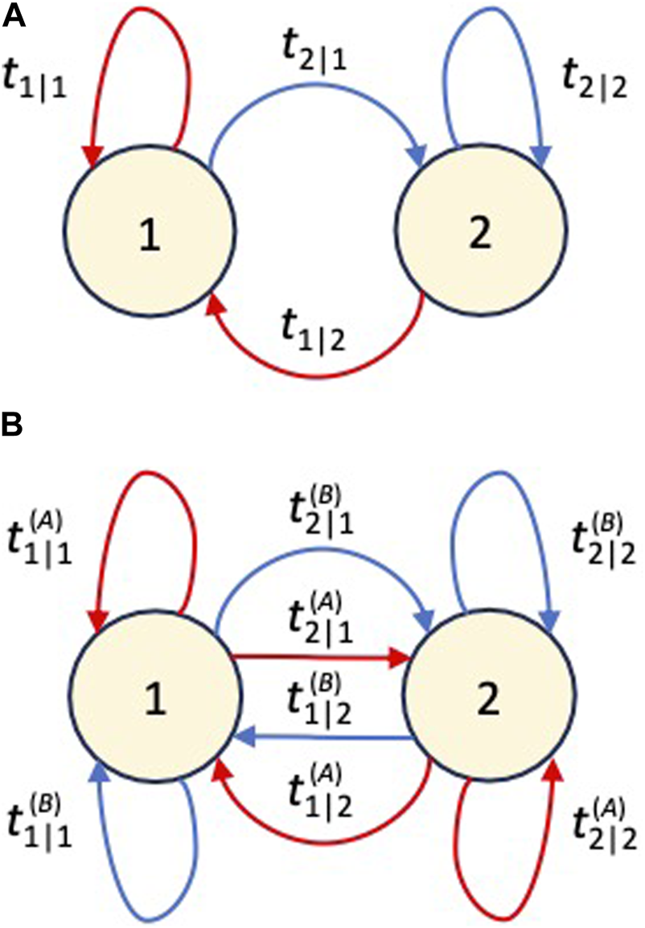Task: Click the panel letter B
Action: pyautogui.click(x=15, y=427)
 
